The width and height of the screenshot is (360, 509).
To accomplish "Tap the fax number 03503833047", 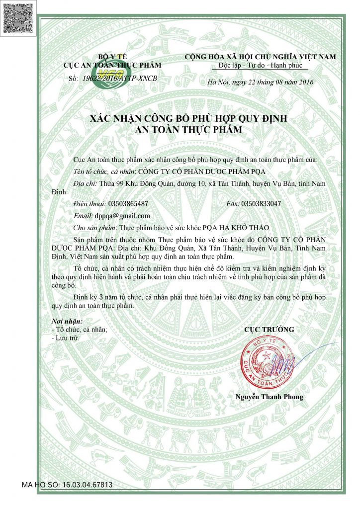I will pyautogui.click(x=261, y=204).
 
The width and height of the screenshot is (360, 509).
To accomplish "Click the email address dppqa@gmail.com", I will pyautogui.click(x=122, y=216).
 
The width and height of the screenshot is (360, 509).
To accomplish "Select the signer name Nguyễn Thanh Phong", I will pyautogui.click(x=269, y=397).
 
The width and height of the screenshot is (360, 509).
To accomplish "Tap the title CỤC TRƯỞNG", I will pyautogui.click(x=269, y=330).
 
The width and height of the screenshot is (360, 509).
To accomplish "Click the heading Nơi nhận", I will pyautogui.click(x=67, y=321).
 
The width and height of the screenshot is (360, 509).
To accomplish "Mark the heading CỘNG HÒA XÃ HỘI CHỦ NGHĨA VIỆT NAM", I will pyautogui.click(x=260, y=57).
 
